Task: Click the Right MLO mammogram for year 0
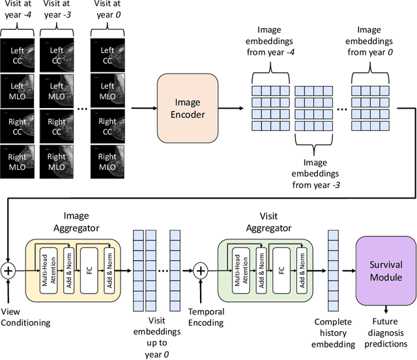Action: [107, 161]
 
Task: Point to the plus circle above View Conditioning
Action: [8, 270]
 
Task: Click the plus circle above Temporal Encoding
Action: [201, 270]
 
